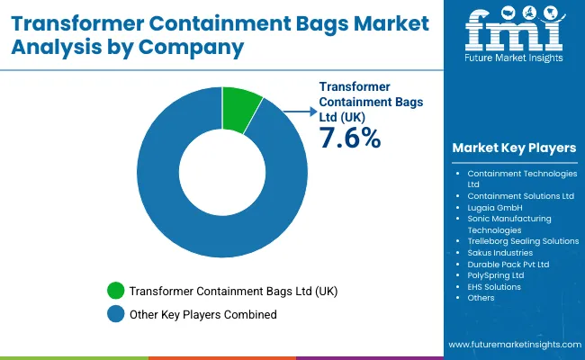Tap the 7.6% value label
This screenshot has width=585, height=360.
click(x=350, y=138)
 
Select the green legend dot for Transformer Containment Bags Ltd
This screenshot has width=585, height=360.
click(x=115, y=291)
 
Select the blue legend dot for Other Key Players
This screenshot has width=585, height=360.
click(x=115, y=314)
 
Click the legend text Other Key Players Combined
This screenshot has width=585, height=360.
click(x=203, y=314)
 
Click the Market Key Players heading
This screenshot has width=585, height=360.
click(x=514, y=148)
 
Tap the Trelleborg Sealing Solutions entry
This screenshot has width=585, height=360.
click(x=523, y=241)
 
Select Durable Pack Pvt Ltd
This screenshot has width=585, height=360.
click(x=508, y=265)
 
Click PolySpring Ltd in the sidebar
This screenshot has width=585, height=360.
click(x=496, y=276)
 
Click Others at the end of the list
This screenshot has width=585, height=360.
click(x=481, y=300)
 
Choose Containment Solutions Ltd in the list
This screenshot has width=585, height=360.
click(x=520, y=195)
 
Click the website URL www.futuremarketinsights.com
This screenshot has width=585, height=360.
click(x=512, y=345)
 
